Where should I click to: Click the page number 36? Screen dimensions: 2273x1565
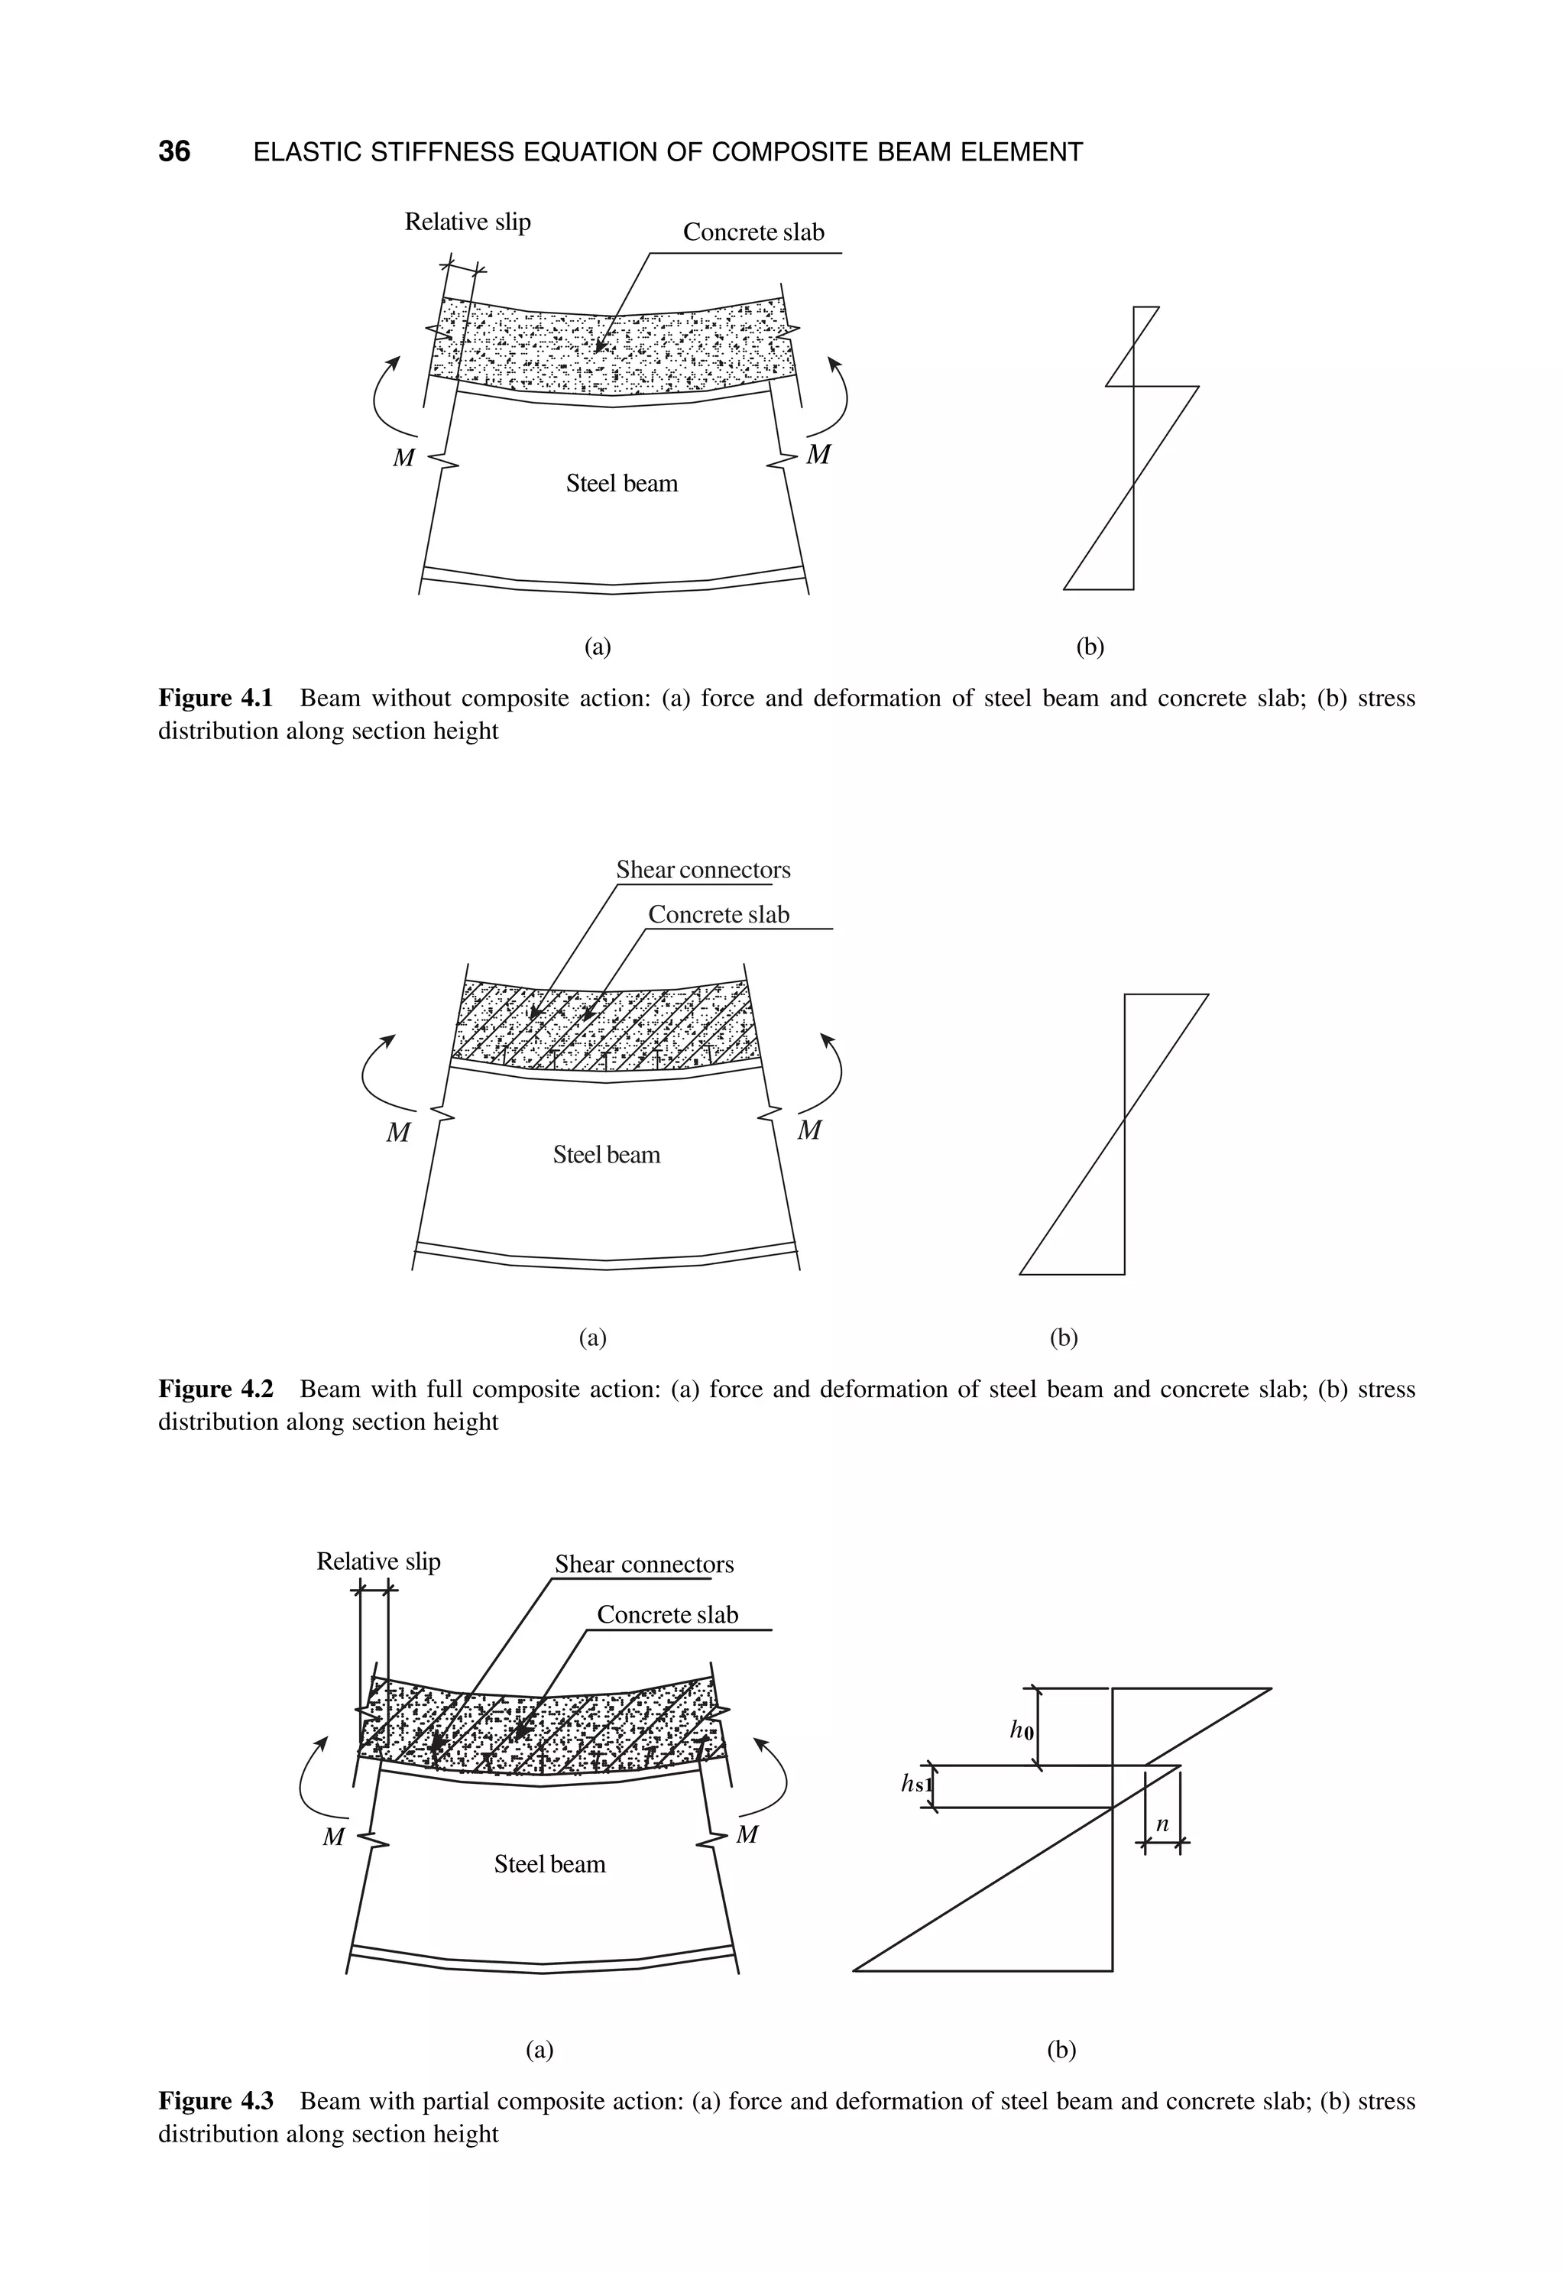click(174, 152)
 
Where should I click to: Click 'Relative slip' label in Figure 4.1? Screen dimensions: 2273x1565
click(468, 222)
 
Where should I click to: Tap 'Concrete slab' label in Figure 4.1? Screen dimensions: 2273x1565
click(753, 232)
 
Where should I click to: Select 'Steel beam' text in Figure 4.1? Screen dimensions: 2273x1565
click(622, 484)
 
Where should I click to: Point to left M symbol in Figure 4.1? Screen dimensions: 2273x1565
click(403, 458)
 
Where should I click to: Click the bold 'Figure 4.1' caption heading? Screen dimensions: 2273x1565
click(215, 698)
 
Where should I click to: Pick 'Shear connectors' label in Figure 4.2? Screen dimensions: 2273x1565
click(703, 870)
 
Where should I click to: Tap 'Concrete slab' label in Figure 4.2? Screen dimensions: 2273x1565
click(719, 915)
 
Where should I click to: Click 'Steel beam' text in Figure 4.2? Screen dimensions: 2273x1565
click(606, 1155)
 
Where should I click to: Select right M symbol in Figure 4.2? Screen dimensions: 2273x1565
click(809, 1130)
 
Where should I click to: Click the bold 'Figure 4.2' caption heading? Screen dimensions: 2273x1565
click(215, 1389)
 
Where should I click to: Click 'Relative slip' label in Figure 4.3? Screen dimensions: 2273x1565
click(378, 1561)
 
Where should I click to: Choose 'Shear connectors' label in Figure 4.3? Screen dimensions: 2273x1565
click(644, 1564)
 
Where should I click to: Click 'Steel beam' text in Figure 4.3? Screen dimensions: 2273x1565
click(549, 1864)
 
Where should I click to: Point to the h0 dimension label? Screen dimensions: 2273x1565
click(1022, 1730)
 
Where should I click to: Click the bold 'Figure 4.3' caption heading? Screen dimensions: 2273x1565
click(215, 2101)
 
